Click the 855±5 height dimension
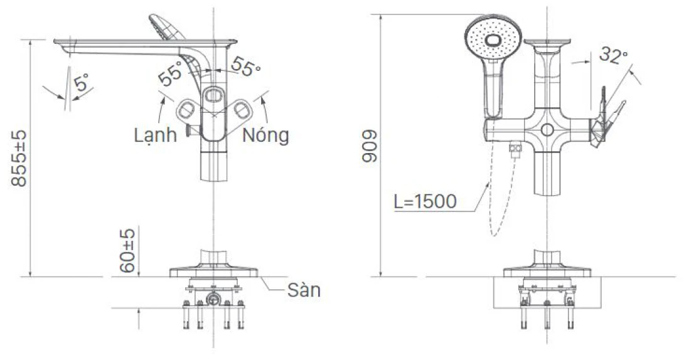pos(19,158)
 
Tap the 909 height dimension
pos(370,147)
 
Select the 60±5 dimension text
pos(127,251)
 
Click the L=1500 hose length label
pos(425,201)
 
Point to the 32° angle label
pos(613,55)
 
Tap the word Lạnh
pos(155,135)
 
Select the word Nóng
pos(265,135)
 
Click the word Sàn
pos(304,290)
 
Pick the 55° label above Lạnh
pos(169,73)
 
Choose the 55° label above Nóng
pos(245,66)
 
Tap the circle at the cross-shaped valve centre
pos(547,130)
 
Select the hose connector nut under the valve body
pos(515,149)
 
